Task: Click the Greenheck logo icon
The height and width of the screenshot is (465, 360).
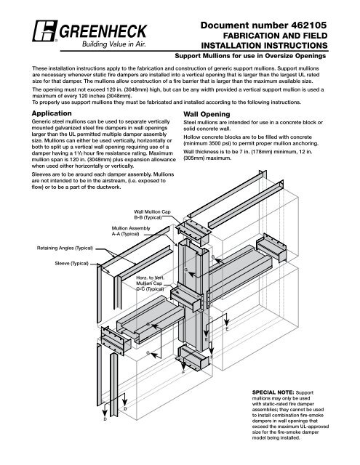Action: coord(45,31)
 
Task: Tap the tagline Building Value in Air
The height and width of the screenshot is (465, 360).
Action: coord(114,44)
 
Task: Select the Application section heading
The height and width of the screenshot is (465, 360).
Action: coord(52,113)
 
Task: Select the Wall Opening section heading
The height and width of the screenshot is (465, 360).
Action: coord(207,114)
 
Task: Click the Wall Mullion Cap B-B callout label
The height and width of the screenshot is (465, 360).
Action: coord(152,215)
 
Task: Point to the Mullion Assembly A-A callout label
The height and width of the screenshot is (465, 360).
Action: coord(131,231)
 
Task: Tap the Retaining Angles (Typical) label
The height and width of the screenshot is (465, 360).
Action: coord(65,248)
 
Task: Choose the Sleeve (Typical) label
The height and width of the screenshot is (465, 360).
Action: coord(71,263)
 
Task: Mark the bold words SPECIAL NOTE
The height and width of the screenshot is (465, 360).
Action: coord(273,392)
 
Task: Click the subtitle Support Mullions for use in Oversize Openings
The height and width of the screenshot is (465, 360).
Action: coord(250,56)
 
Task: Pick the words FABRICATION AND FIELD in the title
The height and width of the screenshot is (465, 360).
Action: coord(275,36)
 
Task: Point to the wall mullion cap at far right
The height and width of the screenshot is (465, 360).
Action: coord(271,248)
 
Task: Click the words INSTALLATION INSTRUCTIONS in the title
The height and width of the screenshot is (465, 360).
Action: coord(264,46)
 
